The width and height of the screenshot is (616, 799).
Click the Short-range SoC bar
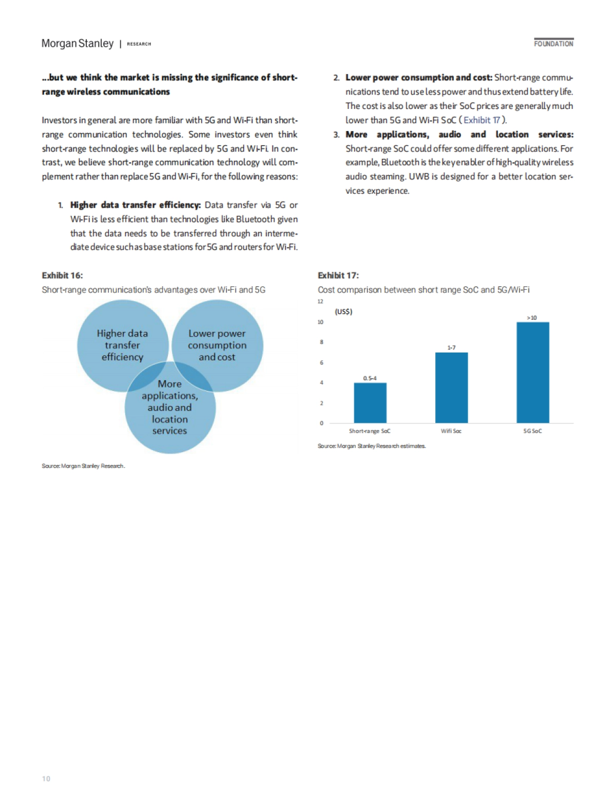tap(370, 403)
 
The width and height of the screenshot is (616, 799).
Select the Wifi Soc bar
tap(451, 388)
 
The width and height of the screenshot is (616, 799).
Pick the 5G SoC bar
tap(532, 373)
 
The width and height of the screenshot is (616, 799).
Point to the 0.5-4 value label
tap(370, 378)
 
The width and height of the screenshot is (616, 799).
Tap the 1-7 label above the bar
tap(451, 348)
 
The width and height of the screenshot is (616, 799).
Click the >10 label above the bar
tap(532, 318)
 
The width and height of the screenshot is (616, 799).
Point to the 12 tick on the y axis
tap(320, 302)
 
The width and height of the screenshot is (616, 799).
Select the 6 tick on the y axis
tap(321, 363)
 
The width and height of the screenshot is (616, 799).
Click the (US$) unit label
tap(343, 312)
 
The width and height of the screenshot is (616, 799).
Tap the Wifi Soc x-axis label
tap(451, 431)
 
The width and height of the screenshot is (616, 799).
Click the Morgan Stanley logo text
tap(78, 44)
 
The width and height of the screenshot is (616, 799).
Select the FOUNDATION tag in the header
tap(553, 44)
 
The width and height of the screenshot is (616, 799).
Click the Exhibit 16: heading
tap(62, 275)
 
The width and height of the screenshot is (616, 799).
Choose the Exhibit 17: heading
tap(338, 275)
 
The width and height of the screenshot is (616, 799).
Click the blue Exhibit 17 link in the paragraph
tap(482, 120)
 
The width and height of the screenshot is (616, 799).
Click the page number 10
tap(46, 779)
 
